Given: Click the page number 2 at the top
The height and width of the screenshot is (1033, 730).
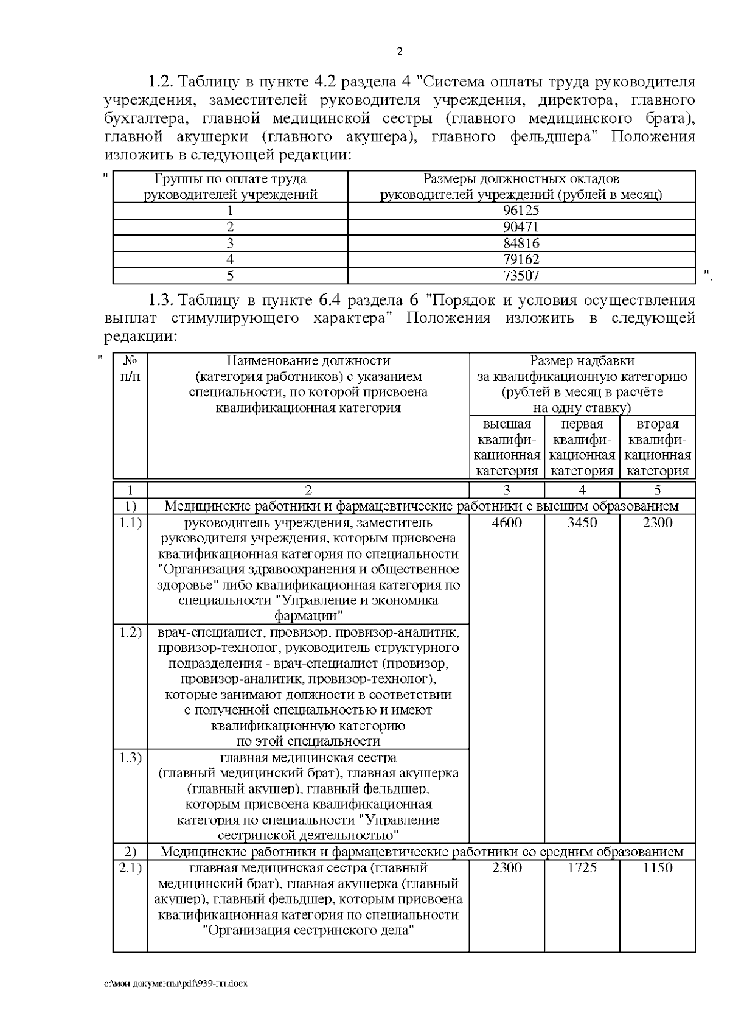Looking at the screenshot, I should [x=400, y=52].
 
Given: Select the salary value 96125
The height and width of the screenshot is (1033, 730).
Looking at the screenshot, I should [x=521, y=211].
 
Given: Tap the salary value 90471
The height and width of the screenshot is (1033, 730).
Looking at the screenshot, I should [x=521, y=227].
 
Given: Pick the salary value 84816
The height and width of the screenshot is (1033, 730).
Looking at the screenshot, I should [x=521, y=243].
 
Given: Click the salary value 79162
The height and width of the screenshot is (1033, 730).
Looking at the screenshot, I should [x=521, y=259].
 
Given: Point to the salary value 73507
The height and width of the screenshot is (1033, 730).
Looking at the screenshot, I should [x=521, y=276].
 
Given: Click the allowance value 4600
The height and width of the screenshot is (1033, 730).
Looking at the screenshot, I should [x=507, y=522].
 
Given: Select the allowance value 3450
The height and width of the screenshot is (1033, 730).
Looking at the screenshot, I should [x=582, y=522].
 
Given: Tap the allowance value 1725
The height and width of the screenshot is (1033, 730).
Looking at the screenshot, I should [x=582, y=867].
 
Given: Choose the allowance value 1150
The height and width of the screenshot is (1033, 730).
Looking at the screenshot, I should [x=658, y=867].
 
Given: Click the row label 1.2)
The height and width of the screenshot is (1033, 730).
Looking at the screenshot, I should [x=130, y=631].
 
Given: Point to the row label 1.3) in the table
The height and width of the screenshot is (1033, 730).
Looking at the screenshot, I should [x=130, y=757].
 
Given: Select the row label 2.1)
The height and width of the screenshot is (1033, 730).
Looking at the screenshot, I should [x=130, y=867].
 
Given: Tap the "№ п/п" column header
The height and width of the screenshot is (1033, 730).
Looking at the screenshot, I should [x=130, y=369].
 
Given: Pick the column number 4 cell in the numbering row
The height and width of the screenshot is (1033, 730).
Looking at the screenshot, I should [x=582, y=490].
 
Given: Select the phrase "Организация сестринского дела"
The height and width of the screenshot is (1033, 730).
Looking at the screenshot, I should [x=308, y=930].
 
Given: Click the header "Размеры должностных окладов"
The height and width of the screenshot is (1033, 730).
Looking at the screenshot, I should [x=521, y=179].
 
